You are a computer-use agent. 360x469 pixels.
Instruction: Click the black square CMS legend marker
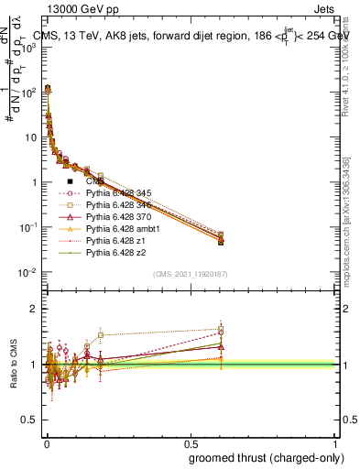coord(70,182)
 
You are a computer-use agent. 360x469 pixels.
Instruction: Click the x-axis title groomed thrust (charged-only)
coord(274,458)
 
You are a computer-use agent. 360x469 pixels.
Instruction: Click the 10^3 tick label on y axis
coord(27,47)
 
